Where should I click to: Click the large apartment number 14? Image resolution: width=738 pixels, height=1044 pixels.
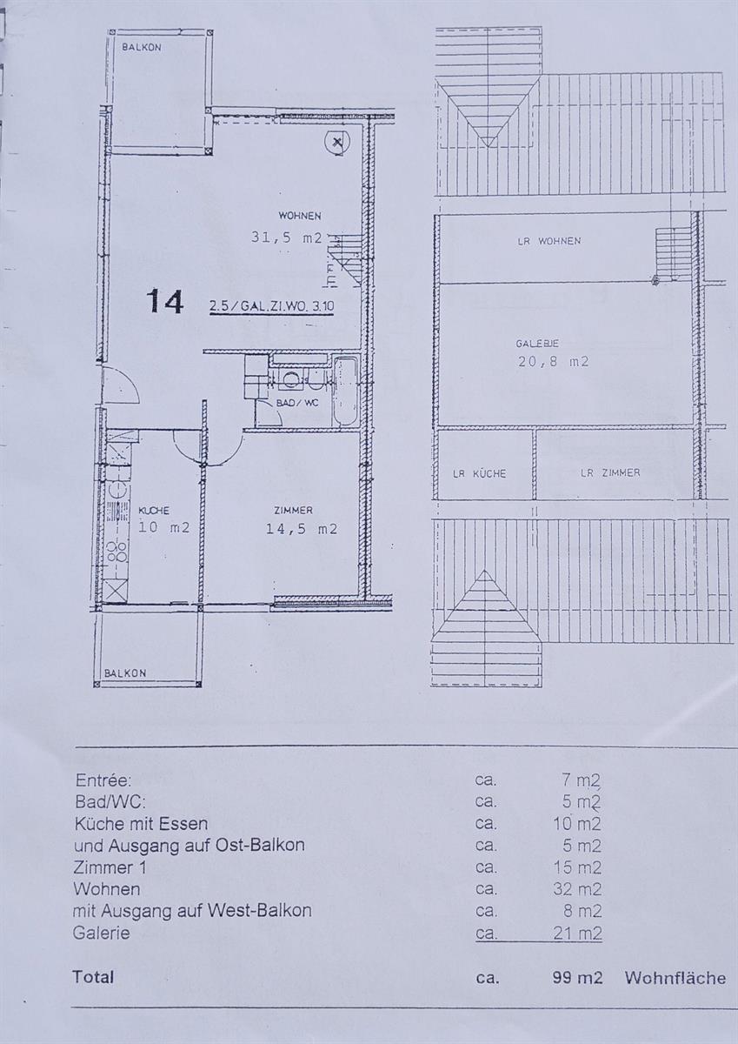coord(165,301)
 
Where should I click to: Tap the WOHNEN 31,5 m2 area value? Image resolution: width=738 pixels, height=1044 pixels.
coord(287,237)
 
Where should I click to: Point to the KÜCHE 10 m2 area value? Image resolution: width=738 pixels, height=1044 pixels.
coord(163,526)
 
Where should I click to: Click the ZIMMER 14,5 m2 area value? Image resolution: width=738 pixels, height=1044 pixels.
coord(301,528)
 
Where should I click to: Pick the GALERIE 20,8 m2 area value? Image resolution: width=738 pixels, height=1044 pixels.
coord(553,362)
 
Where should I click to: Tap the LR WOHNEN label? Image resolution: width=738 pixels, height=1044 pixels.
coord(549,241)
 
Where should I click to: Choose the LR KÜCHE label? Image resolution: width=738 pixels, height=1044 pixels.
coord(479,473)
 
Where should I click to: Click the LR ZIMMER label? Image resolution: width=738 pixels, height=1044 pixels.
coord(610,472)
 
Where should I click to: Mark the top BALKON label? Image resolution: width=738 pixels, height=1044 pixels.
coord(141,48)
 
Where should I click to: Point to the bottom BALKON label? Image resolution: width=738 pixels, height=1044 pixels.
coord(125,673)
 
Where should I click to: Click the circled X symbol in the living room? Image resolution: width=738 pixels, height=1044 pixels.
coord(337,141)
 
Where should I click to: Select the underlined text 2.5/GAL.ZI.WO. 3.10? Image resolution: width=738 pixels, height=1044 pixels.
coord(271,306)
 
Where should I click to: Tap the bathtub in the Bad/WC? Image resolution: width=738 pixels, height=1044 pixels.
coord(344,391)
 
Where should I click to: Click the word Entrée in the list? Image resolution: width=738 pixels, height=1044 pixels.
coord(103,780)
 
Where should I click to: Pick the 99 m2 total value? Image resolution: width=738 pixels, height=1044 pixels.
coord(577,978)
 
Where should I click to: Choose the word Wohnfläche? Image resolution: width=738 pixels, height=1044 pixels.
coord(675,978)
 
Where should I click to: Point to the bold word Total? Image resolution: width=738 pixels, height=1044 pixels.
coord(93,977)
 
